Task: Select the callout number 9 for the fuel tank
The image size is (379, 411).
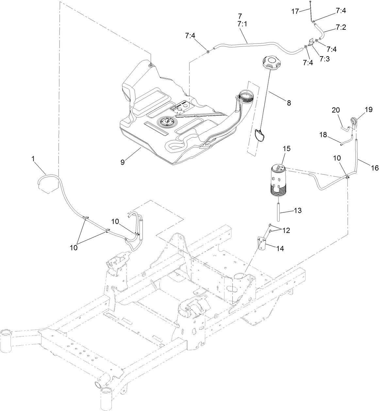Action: pyautogui.click(x=123, y=162)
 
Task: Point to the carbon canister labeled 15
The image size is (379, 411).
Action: pyautogui.click(x=277, y=182)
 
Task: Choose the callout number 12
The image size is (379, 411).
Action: pyautogui.click(x=286, y=231)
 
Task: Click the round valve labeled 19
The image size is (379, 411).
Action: pyautogui.click(x=354, y=122)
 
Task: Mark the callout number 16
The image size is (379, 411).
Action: pyautogui.click(x=374, y=168)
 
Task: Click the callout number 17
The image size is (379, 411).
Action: pyautogui.click(x=295, y=12)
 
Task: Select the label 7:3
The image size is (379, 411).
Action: pyautogui.click(x=324, y=59)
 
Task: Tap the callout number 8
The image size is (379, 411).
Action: pyautogui.click(x=288, y=103)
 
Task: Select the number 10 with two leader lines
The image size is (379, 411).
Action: pyautogui.click(x=74, y=247)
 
